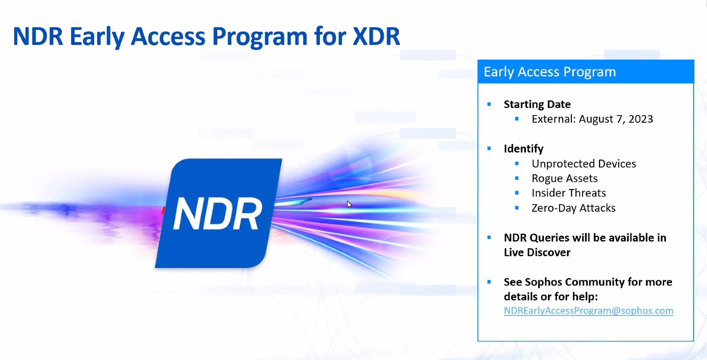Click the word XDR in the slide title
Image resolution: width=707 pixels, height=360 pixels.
pos(376,37)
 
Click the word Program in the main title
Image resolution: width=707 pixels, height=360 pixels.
pos(260,38)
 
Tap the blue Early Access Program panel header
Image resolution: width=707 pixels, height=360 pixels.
pos(586,71)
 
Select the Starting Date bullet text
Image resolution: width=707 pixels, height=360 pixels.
pos(537,105)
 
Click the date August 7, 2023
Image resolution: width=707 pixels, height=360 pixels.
pos(616,119)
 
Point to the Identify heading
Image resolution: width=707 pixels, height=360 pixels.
pos(524,149)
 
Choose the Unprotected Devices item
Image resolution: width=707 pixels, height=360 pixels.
pos(584,164)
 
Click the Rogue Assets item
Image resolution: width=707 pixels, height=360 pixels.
pos(565,179)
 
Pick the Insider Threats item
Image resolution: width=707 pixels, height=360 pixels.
pos(569,193)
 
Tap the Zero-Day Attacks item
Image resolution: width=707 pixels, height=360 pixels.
pos(573,208)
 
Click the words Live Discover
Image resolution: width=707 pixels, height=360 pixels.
pos(537,252)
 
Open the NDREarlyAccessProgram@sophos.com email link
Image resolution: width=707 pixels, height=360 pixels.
pos(588,311)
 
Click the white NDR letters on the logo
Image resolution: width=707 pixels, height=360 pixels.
pos(217,213)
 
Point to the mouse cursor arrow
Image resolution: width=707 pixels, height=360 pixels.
pos(349,205)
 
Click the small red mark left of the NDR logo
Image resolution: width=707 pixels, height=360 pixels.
pos(163,210)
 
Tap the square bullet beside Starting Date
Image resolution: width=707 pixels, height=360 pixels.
pos(489,104)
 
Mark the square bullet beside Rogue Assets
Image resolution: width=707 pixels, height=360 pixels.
pos(517,178)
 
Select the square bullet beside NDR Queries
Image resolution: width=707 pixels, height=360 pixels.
pos(489,238)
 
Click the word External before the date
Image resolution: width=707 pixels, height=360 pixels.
pos(554,119)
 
